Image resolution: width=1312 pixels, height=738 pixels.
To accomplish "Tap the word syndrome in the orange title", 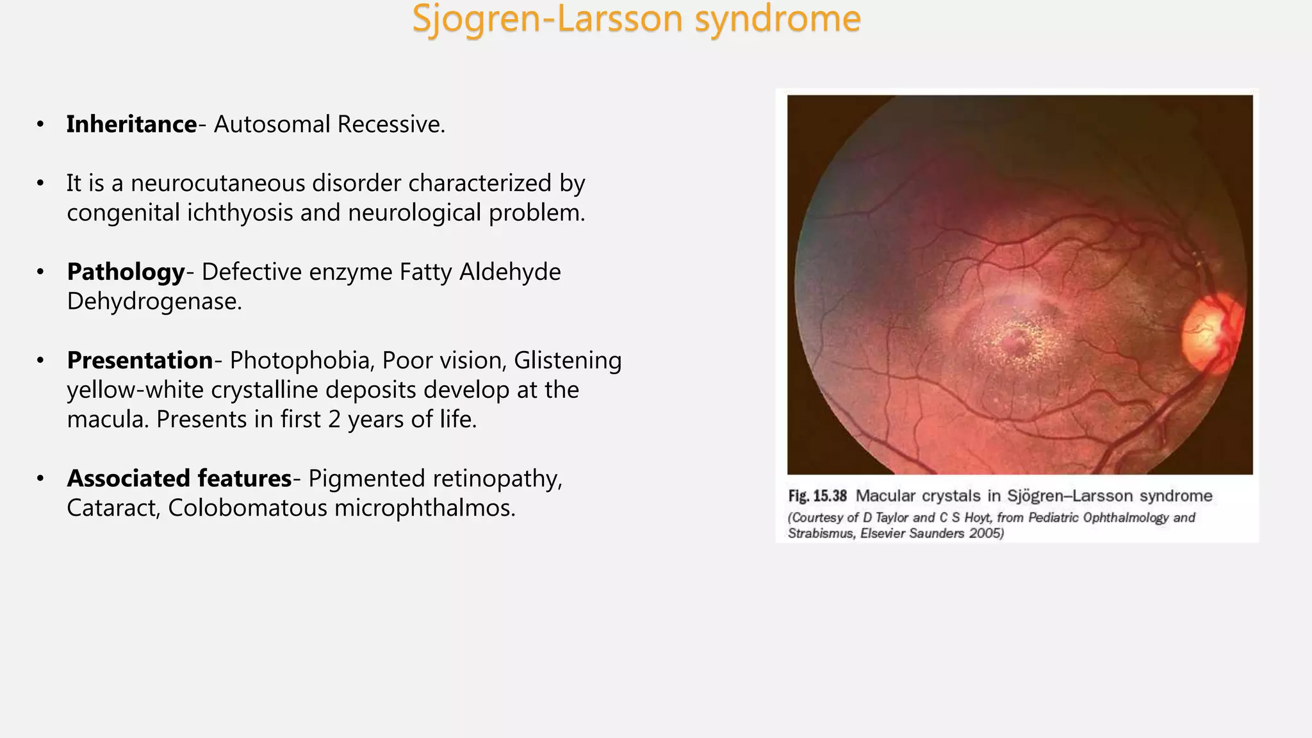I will coord(778,19).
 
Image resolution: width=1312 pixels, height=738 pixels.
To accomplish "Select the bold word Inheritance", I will coord(131,124).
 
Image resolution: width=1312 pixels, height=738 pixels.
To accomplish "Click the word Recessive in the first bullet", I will coord(391,124).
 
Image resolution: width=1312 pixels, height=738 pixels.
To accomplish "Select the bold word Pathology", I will coord(126,272).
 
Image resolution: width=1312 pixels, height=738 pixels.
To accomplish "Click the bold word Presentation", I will coord(140,361).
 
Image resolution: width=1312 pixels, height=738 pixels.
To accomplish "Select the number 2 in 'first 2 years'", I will coord(334,420).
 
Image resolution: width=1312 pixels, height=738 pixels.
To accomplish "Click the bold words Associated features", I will coord(179,479).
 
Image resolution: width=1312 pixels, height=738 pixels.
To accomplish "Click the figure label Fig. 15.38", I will coord(817,496).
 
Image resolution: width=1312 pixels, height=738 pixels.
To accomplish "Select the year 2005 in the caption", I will coord(985,534).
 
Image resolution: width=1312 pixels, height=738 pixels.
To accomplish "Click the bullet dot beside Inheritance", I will coord(40,124).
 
